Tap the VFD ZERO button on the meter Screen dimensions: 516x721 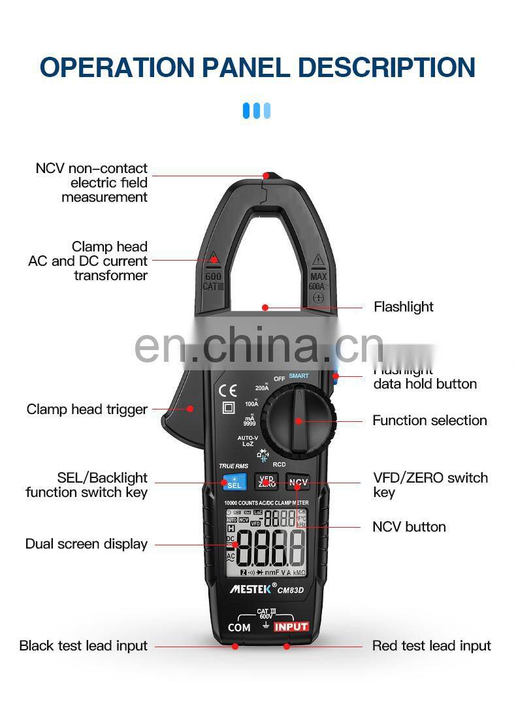(266, 482)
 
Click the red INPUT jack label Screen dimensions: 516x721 (291, 627)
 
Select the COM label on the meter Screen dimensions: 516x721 (239, 628)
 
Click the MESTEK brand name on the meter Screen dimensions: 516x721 (253, 589)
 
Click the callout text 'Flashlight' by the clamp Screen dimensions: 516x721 (403, 306)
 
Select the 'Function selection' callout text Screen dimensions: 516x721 (429, 421)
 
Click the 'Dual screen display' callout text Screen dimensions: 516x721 (86, 544)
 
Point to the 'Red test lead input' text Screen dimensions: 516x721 (431, 646)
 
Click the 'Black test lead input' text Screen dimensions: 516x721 (83, 646)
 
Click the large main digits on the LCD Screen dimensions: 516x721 (270, 547)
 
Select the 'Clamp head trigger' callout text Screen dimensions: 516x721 (87, 409)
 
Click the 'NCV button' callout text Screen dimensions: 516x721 (409, 526)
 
